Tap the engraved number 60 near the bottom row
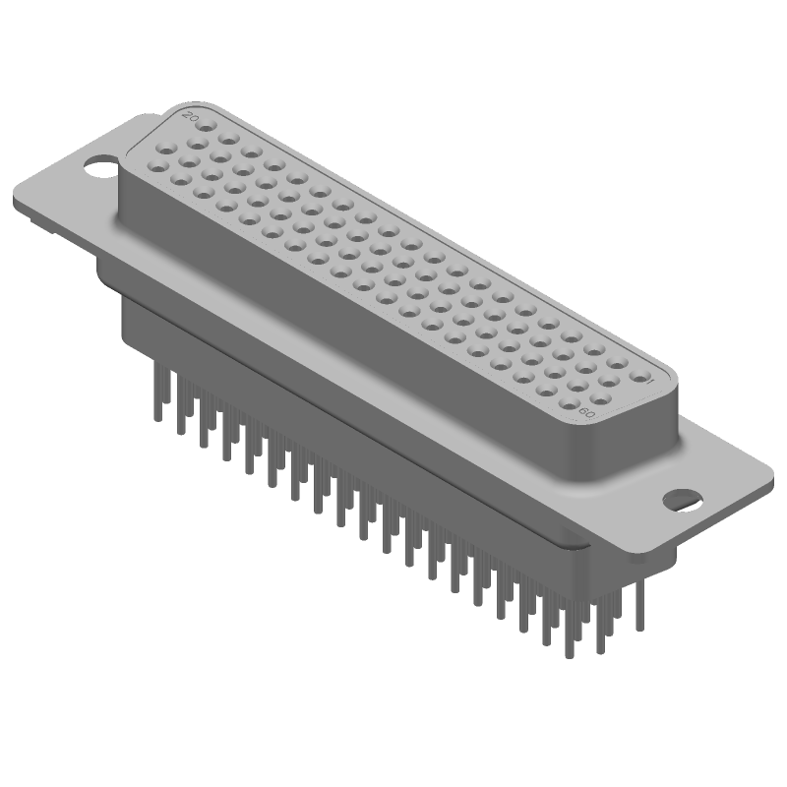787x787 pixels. click(587, 412)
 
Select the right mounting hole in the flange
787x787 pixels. click(682, 498)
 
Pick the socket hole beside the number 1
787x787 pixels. click(639, 378)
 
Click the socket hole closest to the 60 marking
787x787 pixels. click(569, 402)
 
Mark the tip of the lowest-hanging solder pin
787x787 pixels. click(568, 657)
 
